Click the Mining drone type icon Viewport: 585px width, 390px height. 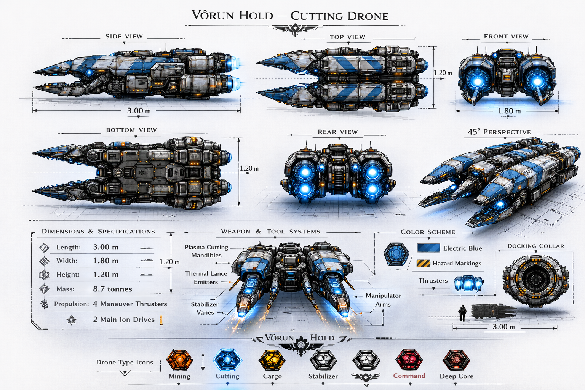179,360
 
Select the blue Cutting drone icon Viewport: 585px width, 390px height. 227,360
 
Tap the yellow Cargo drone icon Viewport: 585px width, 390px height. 272,360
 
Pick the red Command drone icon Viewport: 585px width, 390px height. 409,360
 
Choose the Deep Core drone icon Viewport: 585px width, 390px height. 456,360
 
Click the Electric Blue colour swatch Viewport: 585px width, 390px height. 428,248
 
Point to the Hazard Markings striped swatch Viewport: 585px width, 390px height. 423,263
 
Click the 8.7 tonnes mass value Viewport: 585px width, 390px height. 112,289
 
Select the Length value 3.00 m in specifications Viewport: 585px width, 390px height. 105,247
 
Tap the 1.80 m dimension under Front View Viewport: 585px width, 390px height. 509,111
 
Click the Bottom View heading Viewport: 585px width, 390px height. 131,130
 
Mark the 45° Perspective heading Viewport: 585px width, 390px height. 499,132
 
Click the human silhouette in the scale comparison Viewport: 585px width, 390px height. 462,313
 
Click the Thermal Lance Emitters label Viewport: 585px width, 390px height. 206,278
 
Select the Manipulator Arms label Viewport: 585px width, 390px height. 383,300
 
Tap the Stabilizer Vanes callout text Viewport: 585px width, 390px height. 205,308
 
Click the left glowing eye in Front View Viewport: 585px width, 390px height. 476,80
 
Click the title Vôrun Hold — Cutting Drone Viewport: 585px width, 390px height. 290,16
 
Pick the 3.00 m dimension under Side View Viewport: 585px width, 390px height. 139,111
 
